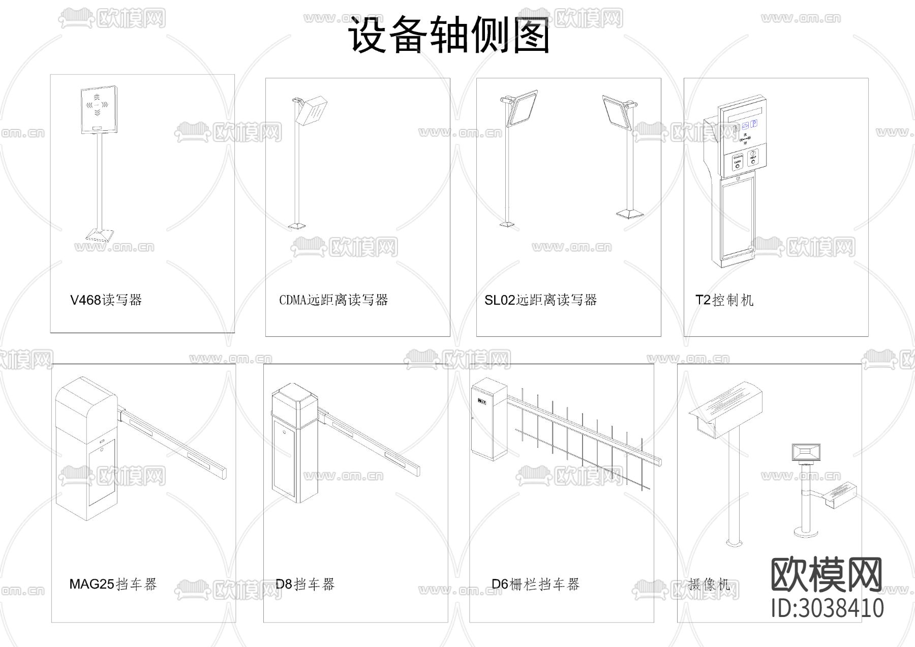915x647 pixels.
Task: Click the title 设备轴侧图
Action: [x=449, y=36]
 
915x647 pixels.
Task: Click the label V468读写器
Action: [x=106, y=300]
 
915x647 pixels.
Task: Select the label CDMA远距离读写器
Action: [x=333, y=300]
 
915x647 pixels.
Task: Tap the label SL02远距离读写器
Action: [x=540, y=300]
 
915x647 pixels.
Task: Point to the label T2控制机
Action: [x=724, y=300]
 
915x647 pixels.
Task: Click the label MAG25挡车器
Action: [x=113, y=584]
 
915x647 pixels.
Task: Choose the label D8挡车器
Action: [x=305, y=584]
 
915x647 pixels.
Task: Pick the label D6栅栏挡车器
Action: [x=535, y=584]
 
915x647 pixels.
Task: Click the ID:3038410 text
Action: [x=827, y=608]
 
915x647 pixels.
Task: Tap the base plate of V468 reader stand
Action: [x=100, y=234]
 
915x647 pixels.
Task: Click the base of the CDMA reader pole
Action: [x=297, y=225]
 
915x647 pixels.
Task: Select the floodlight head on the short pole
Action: [x=806, y=451]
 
